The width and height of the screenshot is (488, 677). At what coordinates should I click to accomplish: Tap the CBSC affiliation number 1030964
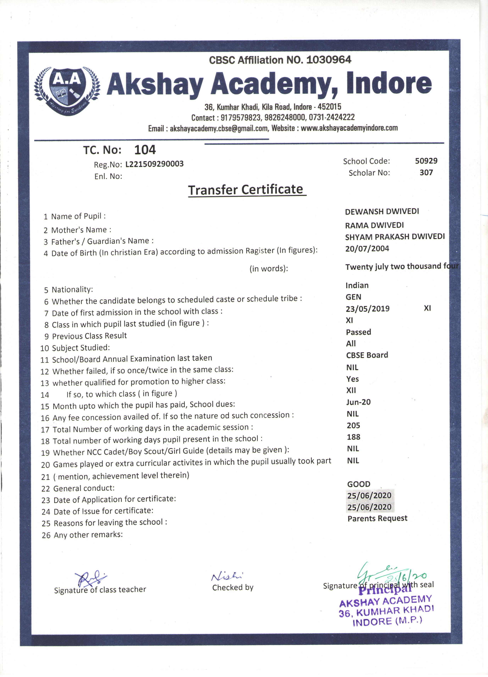point(329,60)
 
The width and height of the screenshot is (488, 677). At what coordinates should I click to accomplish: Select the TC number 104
point(145,150)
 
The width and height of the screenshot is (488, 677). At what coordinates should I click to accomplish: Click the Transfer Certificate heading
point(246,190)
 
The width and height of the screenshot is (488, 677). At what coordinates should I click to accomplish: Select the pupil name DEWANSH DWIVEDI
point(382,212)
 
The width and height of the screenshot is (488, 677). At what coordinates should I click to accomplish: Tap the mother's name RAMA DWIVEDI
point(374,225)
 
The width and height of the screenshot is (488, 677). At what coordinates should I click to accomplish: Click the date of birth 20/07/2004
point(367,249)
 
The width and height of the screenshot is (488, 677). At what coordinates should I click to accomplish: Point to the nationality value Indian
point(357,285)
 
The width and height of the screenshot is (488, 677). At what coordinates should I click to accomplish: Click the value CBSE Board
point(367,355)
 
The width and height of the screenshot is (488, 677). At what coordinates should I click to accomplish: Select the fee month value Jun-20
point(358,402)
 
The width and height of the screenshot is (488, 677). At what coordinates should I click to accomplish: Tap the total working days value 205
point(353,425)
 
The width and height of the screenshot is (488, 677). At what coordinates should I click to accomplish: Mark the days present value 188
point(353,437)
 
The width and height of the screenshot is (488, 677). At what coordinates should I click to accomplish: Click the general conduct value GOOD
point(358,484)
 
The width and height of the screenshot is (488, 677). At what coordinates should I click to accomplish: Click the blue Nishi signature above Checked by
point(227,576)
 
